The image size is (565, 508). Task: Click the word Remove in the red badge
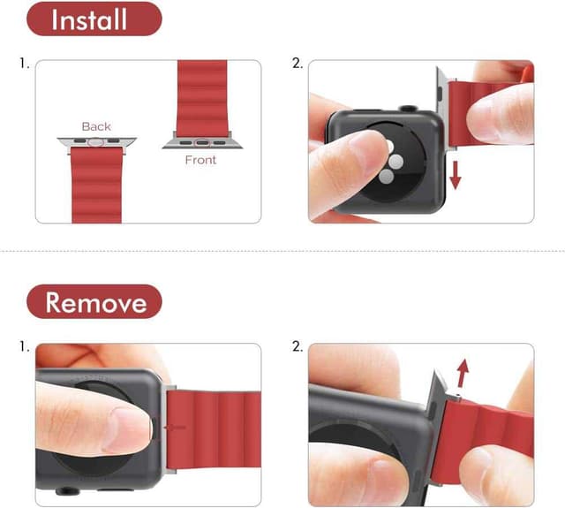pos(94,302)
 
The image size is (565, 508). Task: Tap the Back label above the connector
pos(95,126)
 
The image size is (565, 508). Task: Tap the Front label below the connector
pos(200,160)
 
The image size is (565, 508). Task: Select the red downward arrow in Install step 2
pos(456,174)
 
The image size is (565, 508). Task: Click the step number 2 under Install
pos(298,64)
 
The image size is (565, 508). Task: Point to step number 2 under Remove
pos(298,346)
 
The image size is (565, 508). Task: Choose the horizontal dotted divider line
pos(282,251)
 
